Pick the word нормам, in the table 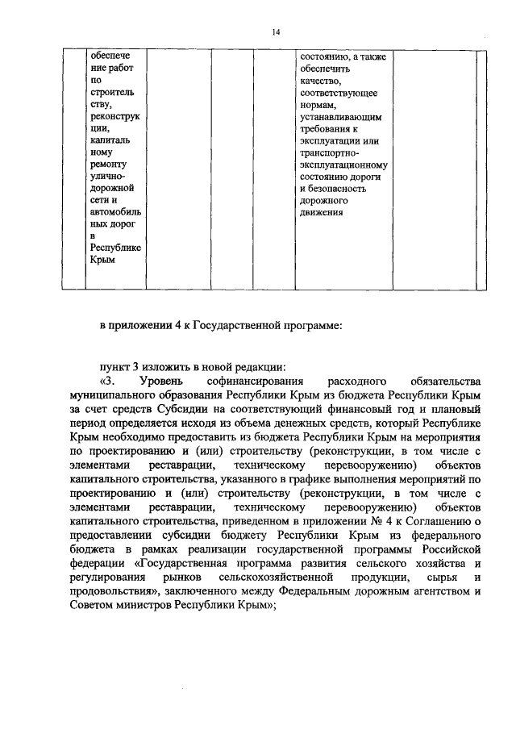point(318,105)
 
